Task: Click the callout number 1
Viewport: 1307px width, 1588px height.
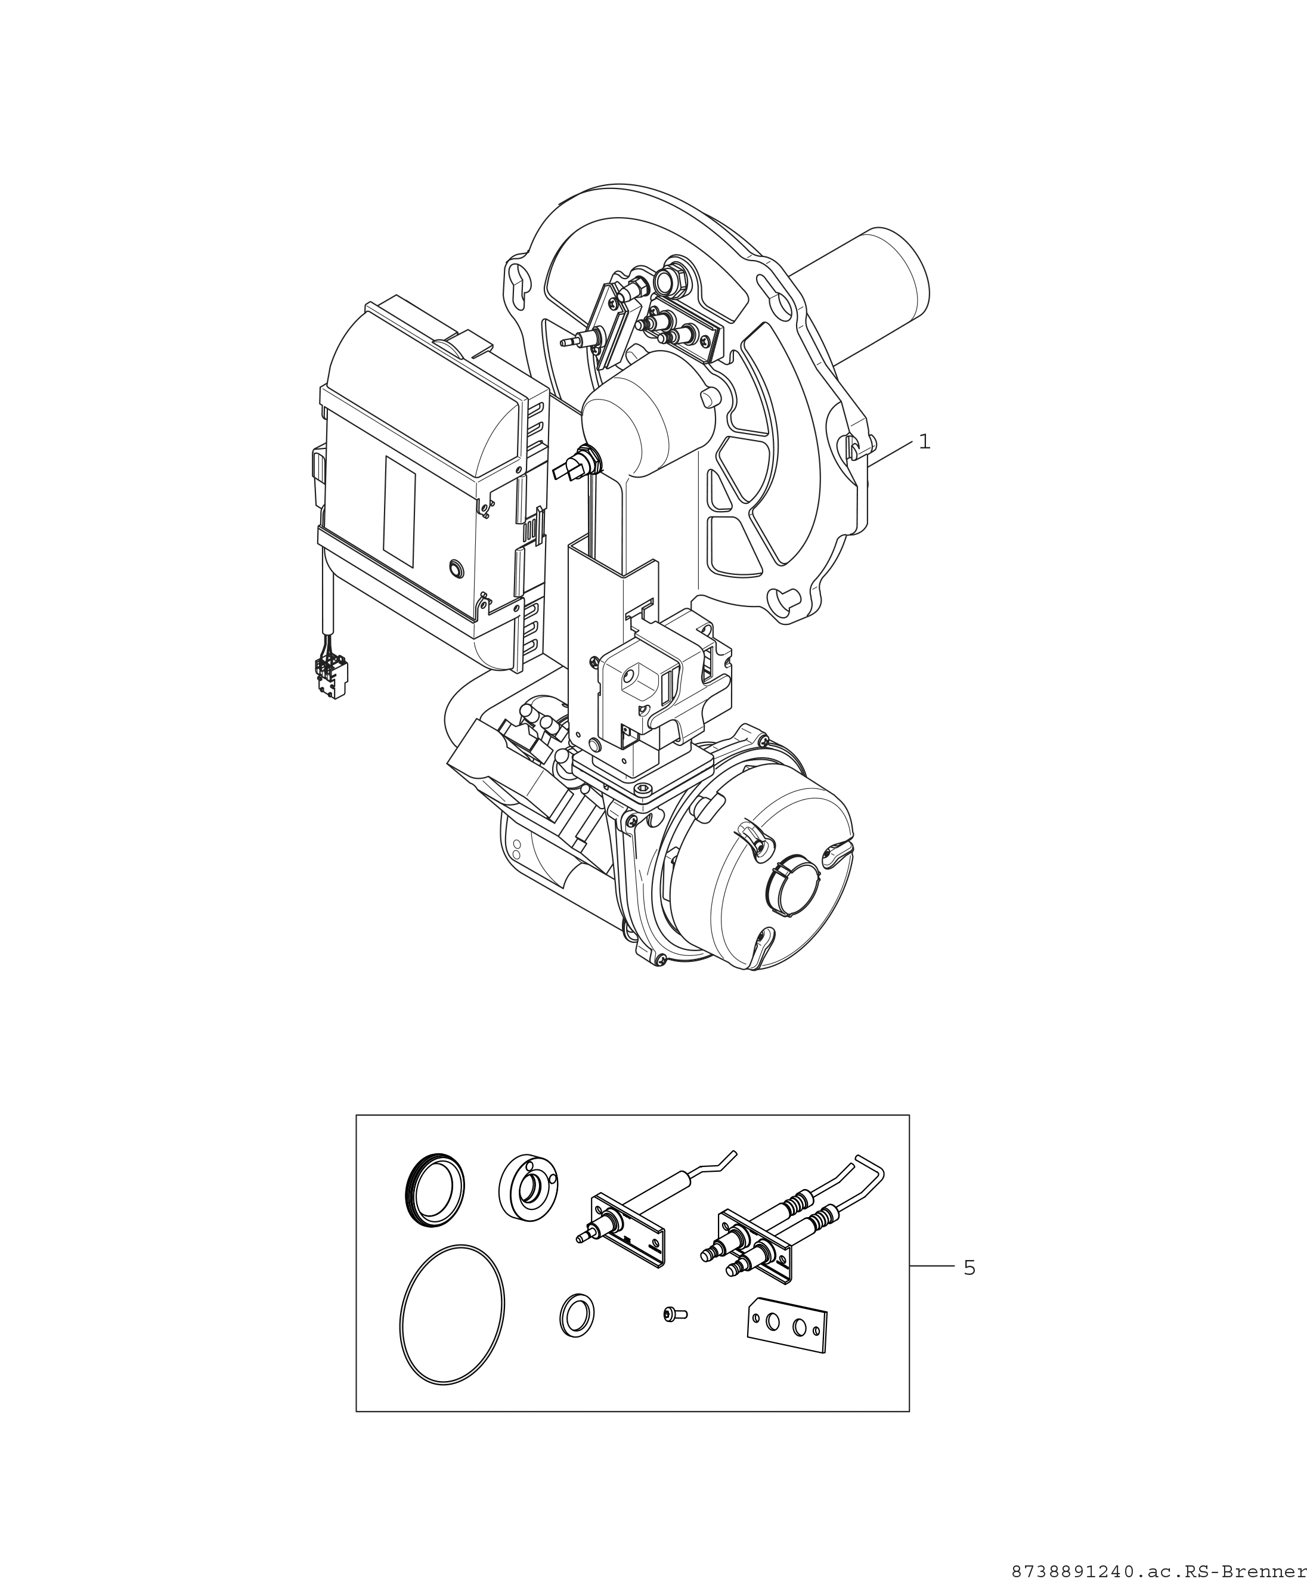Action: tap(925, 442)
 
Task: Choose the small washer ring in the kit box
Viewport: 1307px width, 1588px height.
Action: tap(577, 1315)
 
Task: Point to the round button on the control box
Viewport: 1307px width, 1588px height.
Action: tap(456, 568)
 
